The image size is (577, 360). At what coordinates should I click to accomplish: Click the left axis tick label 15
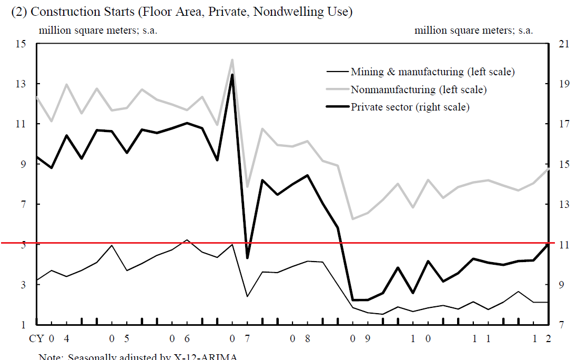(x=21, y=44)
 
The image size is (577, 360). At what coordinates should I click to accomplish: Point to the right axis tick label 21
(x=564, y=44)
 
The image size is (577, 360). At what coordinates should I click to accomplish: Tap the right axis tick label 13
(x=564, y=204)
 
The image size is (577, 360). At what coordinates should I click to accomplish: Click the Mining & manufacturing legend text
(x=432, y=72)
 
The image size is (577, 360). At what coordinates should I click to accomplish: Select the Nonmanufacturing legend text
(x=418, y=89)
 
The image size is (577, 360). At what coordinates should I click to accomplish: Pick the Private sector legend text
(x=410, y=107)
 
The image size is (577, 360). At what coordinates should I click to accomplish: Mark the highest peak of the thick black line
(x=232, y=74)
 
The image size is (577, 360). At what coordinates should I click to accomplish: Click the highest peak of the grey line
(x=232, y=59)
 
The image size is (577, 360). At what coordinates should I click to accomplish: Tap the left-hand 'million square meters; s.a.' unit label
(x=98, y=30)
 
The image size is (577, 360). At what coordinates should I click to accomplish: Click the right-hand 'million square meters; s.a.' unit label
(x=473, y=30)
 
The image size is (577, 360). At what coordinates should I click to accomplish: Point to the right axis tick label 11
(x=564, y=244)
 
